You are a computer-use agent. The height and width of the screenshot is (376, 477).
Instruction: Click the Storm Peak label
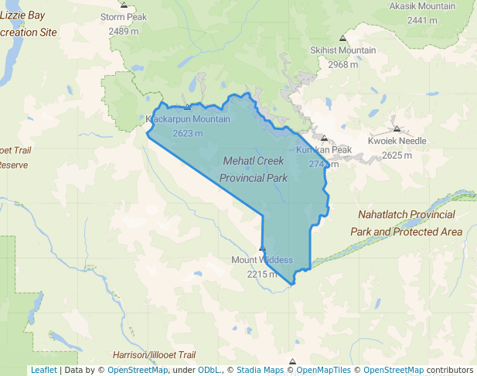click(x=123, y=16)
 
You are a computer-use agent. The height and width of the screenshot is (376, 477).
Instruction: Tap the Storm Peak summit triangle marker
click(x=124, y=5)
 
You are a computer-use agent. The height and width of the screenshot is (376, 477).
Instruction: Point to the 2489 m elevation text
click(x=123, y=31)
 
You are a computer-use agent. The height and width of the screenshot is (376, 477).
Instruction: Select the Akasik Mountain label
click(x=421, y=6)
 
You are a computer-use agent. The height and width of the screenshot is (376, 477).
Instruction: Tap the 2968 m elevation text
click(x=342, y=64)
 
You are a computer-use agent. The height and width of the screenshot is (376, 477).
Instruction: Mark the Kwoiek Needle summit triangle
click(x=397, y=129)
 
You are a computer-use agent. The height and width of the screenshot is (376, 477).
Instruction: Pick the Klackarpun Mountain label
click(x=188, y=119)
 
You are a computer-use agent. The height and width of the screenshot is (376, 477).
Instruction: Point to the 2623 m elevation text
click(x=187, y=133)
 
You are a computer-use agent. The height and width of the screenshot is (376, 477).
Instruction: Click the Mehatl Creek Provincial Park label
click(x=254, y=169)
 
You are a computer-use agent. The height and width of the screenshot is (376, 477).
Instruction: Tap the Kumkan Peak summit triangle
click(x=325, y=138)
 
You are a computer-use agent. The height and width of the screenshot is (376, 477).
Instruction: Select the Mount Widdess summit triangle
click(x=262, y=249)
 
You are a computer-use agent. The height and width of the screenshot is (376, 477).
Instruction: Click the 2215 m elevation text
click(x=262, y=274)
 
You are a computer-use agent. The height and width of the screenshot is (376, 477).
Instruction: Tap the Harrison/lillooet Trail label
click(x=154, y=354)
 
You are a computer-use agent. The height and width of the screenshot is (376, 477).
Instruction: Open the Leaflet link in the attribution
click(x=43, y=370)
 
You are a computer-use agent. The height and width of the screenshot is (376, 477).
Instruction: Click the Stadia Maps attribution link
click(x=260, y=370)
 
